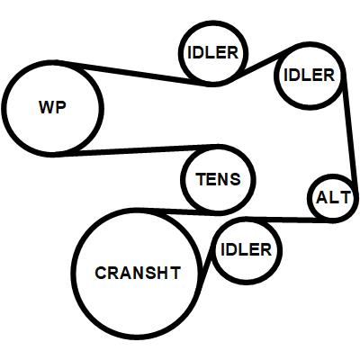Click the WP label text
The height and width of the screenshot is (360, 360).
click(x=52, y=107)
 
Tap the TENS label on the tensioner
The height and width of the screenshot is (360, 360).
click(x=218, y=179)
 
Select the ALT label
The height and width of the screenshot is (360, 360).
click(x=333, y=198)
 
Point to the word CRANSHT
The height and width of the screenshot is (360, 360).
click(x=138, y=273)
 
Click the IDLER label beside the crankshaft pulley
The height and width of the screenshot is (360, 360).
click(x=246, y=249)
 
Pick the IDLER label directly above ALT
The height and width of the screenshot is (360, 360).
click(x=309, y=75)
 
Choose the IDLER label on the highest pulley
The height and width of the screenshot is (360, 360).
click(x=212, y=53)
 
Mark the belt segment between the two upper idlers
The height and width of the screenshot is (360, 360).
click(x=259, y=65)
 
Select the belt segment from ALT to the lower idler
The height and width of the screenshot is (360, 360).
click(x=288, y=220)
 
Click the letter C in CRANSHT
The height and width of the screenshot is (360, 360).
click(x=101, y=273)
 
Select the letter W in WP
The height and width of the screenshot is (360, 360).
click(x=47, y=107)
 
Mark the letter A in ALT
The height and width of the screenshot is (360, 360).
click(x=322, y=198)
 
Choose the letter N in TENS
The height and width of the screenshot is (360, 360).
click(x=224, y=179)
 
